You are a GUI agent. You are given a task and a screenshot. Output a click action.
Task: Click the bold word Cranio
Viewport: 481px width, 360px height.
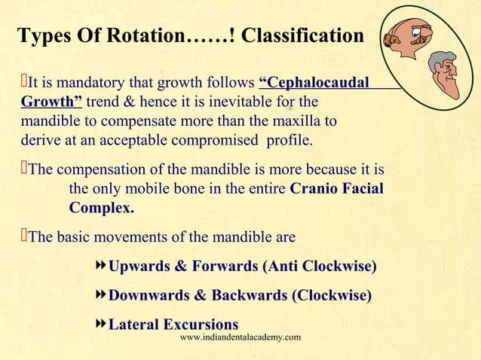coord(314,188)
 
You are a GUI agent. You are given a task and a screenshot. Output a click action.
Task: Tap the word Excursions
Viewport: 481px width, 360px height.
coord(195,325)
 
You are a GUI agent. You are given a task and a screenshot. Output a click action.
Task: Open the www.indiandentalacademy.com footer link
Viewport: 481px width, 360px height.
coord(240,338)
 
